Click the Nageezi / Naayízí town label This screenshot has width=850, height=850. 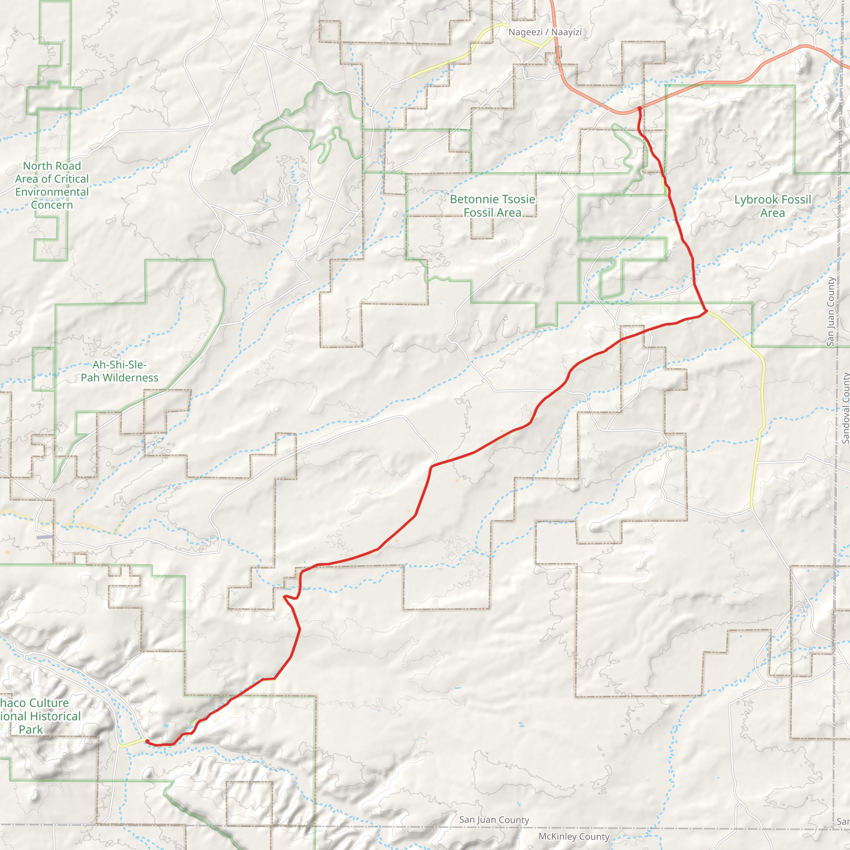pyautogui.click(x=545, y=32)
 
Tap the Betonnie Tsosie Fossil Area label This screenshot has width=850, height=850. pyautogui.click(x=492, y=206)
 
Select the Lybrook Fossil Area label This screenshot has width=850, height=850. pyautogui.click(x=772, y=206)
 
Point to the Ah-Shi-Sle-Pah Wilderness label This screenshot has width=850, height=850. pyautogui.click(x=119, y=371)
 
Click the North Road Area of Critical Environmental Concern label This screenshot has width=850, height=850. pyautogui.click(x=52, y=185)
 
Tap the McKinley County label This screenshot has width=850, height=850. pyautogui.click(x=574, y=836)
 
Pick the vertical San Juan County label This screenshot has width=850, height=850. pyautogui.click(x=830, y=312)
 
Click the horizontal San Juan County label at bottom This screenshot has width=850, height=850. pyautogui.click(x=494, y=820)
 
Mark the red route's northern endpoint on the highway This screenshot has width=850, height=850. pyautogui.click(x=639, y=108)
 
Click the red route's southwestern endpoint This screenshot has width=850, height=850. pyautogui.click(x=147, y=741)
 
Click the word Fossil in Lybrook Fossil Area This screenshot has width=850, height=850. pyautogui.click(x=794, y=200)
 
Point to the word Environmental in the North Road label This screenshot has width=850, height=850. pyautogui.click(x=52, y=192)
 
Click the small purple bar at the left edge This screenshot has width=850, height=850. pyautogui.click(x=45, y=537)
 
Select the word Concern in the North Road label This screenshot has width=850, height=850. pyautogui.click(x=52, y=205)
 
